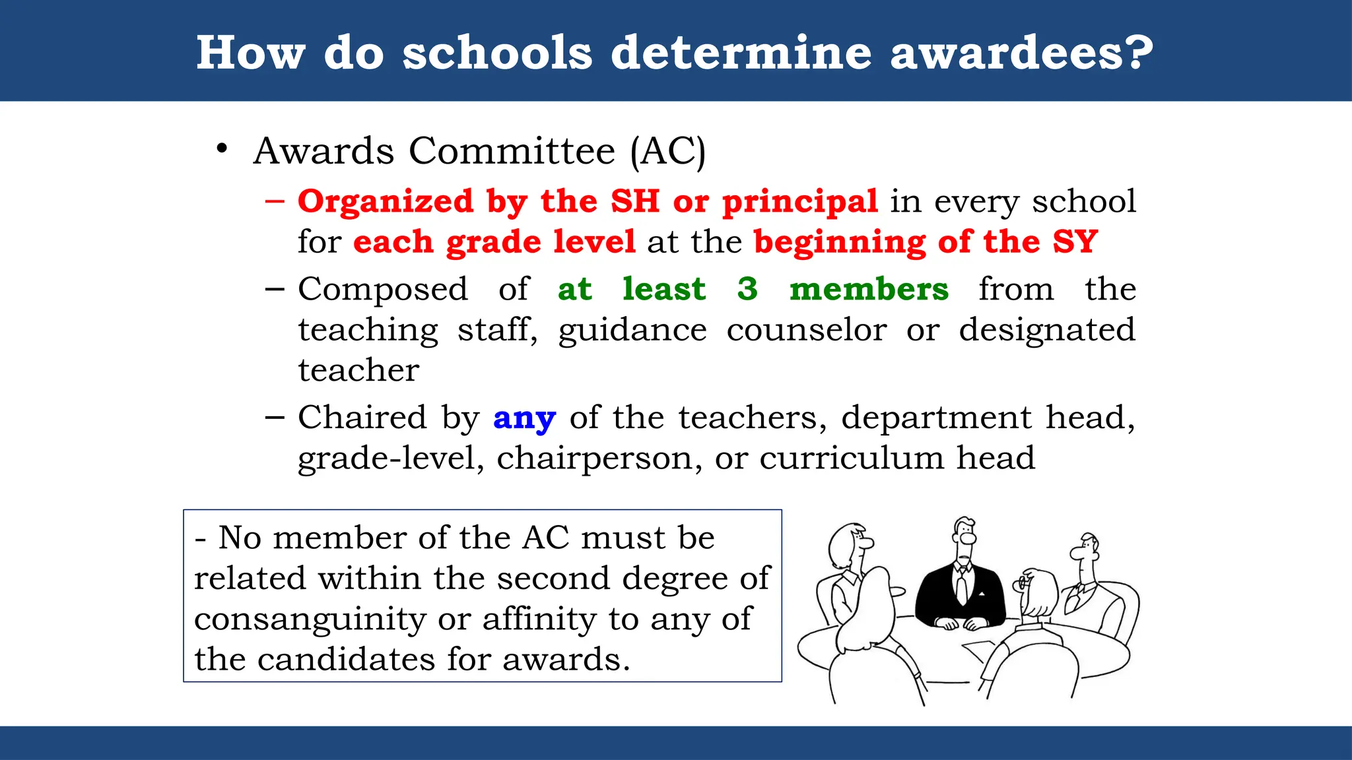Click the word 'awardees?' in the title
click(x=1021, y=52)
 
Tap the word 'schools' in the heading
click(x=497, y=52)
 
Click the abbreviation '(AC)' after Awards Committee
click(x=667, y=151)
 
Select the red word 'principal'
click(x=800, y=202)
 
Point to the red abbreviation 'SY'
click(x=1075, y=241)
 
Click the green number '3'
click(x=747, y=289)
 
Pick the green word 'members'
click(x=869, y=289)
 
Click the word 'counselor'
click(x=806, y=330)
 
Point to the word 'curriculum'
click(x=852, y=459)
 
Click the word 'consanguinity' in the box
click(x=310, y=619)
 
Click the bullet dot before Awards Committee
click(x=222, y=149)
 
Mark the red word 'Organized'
click(x=386, y=202)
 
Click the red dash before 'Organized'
click(x=275, y=201)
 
